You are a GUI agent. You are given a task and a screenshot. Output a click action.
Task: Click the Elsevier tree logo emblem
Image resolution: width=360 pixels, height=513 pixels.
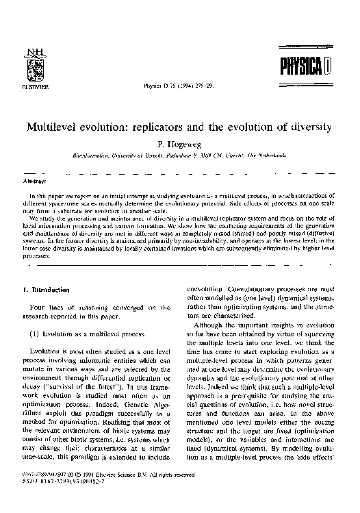(x=31, y=68)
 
